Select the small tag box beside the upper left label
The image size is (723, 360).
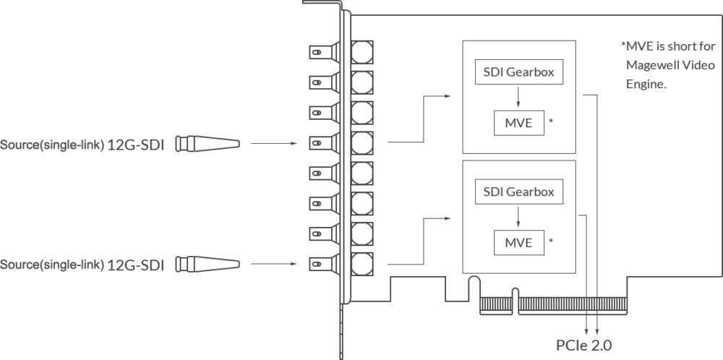207,144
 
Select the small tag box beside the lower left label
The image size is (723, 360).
207,265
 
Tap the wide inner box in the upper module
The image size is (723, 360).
518,73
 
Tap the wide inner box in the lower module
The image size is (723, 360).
519,190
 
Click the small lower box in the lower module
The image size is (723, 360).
521,241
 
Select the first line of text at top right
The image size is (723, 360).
669,46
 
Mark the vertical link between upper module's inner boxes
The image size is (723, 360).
517,98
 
